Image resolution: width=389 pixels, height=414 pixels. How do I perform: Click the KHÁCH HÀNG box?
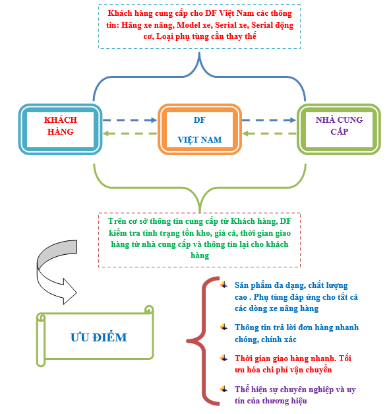tap(60, 129)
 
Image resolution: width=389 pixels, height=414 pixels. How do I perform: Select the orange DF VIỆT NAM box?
tap(200, 129)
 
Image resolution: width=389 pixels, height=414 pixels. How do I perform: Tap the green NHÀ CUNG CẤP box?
tap(339, 129)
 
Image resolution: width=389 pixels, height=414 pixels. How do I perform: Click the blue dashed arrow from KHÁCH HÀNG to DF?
tap(130, 120)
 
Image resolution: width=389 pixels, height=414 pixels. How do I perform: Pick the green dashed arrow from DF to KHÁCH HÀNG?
tap(130, 133)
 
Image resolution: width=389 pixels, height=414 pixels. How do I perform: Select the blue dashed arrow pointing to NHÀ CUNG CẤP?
tap(269, 120)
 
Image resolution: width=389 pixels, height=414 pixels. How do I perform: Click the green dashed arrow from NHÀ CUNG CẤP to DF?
tap(269, 133)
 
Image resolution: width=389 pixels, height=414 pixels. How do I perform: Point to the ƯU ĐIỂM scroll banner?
tap(95, 336)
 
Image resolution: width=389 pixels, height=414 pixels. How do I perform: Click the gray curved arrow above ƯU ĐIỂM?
tap(57, 272)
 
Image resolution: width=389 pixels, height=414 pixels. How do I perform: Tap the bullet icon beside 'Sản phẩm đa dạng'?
tap(224, 285)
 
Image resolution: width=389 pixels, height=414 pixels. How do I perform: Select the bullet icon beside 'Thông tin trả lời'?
tap(224, 327)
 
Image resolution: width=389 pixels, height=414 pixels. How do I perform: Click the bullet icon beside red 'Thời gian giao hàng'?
tap(224, 358)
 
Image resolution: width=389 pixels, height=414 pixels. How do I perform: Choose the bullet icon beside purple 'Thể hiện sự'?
tap(224, 389)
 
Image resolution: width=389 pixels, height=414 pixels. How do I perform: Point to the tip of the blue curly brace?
tap(199, 53)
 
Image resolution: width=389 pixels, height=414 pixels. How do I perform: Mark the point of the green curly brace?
tap(200, 211)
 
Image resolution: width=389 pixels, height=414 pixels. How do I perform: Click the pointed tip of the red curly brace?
tap(187, 341)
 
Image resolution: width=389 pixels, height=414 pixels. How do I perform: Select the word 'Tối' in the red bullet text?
tap(345, 359)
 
